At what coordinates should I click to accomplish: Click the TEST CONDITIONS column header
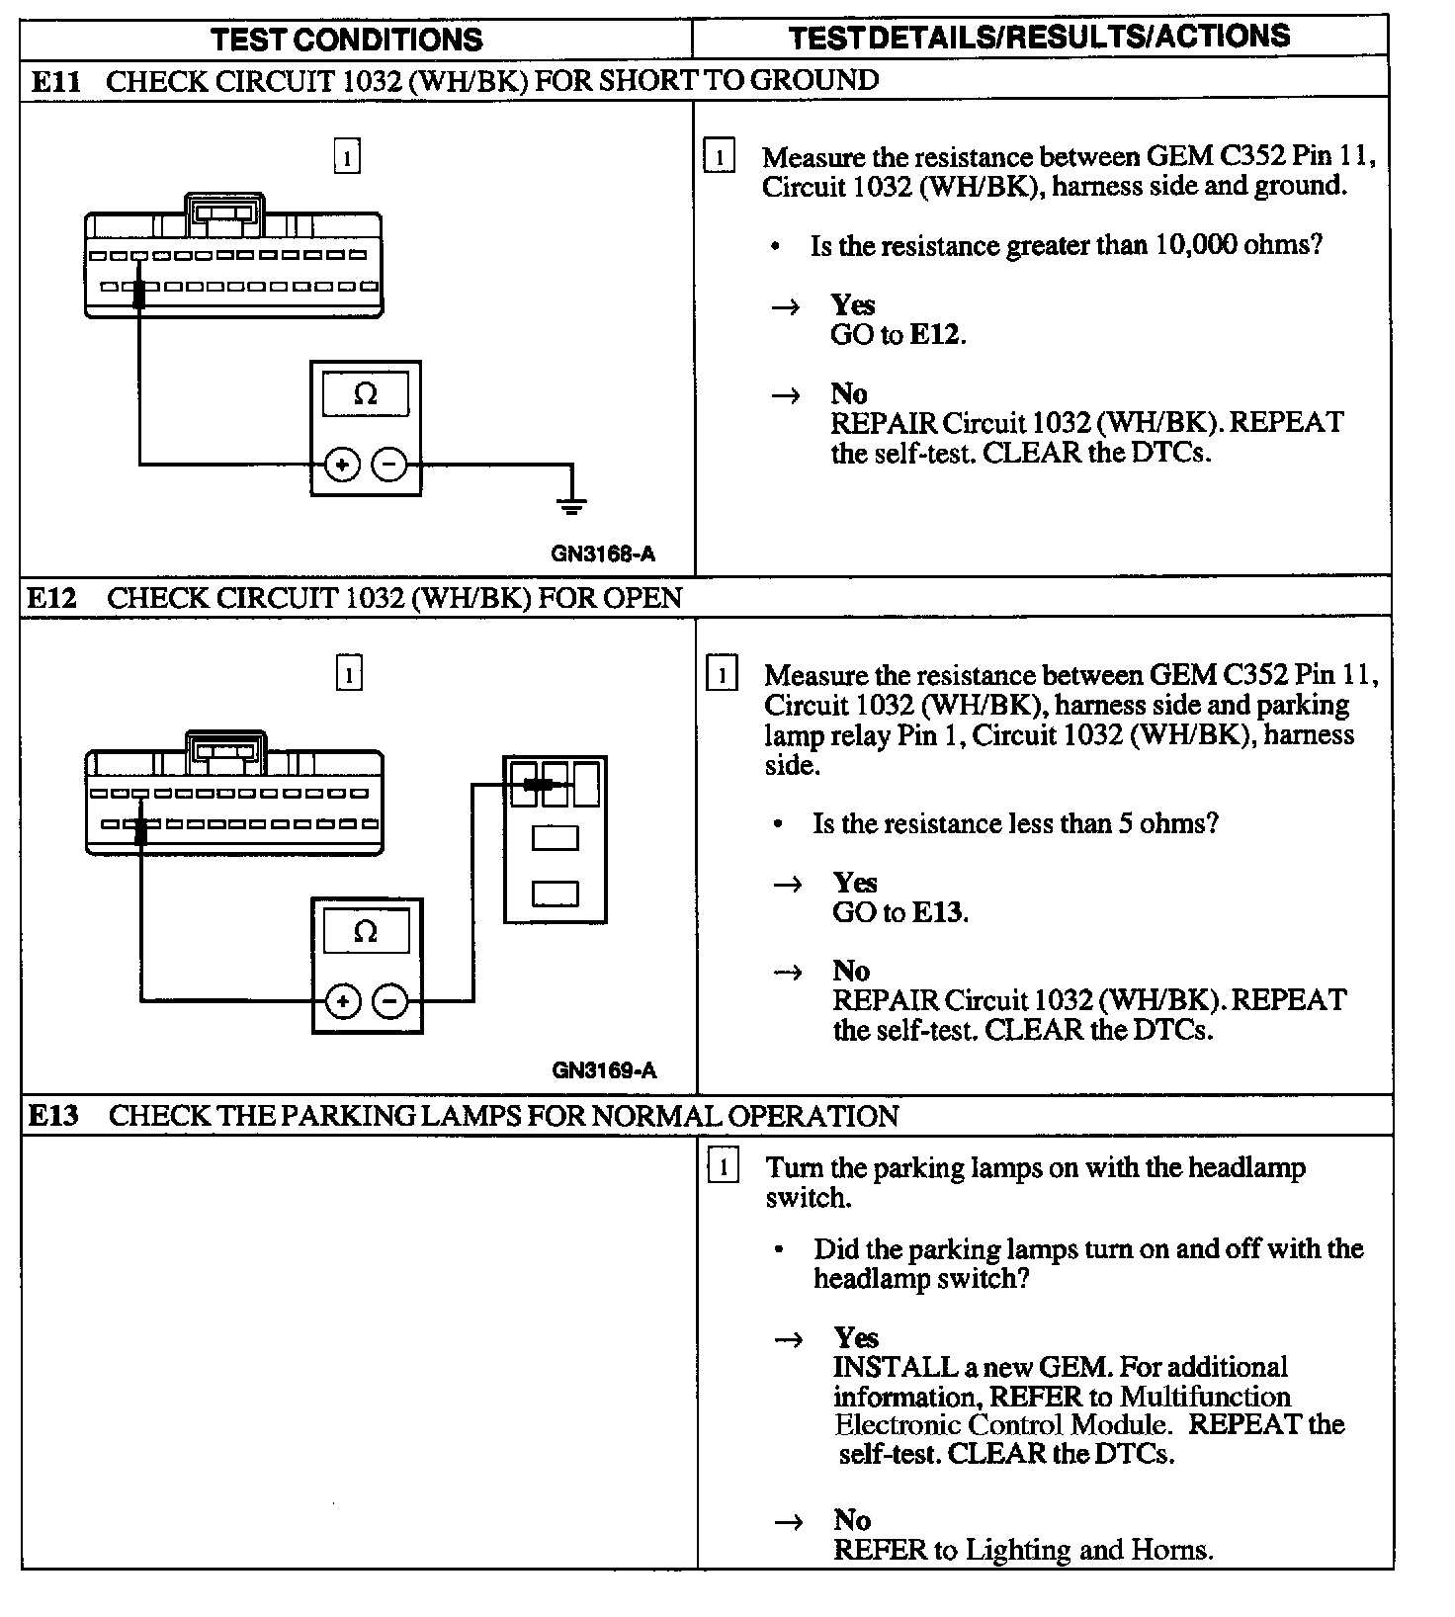[347, 40]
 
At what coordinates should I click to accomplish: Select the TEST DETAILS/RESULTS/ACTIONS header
[1039, 38]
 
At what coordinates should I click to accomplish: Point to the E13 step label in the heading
[53, 1117]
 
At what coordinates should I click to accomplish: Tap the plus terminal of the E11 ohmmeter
[342, 465]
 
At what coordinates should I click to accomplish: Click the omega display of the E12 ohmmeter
[366, 932]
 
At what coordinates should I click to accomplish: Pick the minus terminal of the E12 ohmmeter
[390, 1002]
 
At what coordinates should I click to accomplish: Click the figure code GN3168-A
[603, 554]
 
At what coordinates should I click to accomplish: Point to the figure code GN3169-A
[604, 1070]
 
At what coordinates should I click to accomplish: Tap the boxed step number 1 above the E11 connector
[347, 157]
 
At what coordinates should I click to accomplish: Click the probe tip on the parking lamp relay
[537, 784]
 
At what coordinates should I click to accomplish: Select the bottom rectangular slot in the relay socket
[555, 893]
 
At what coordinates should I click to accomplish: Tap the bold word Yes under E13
[856, 1338]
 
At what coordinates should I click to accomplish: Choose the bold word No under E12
[851, 971]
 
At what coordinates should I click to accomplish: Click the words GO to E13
[899, 912]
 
